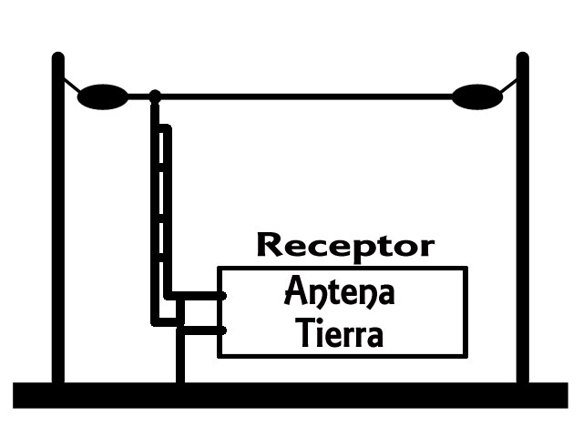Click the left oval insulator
click(x=102, y=96)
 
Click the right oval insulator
click(x=477, y=96)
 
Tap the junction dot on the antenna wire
click(x=155, y=96)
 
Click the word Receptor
click(x=345, y=246)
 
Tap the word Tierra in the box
click(x=340, y=334)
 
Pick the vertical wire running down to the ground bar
click(x=179, y=355)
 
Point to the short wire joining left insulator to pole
click(x=69, y=86)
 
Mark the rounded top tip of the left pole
click(x=58, y=57)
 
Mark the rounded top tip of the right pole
click(x=523, y=57)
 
